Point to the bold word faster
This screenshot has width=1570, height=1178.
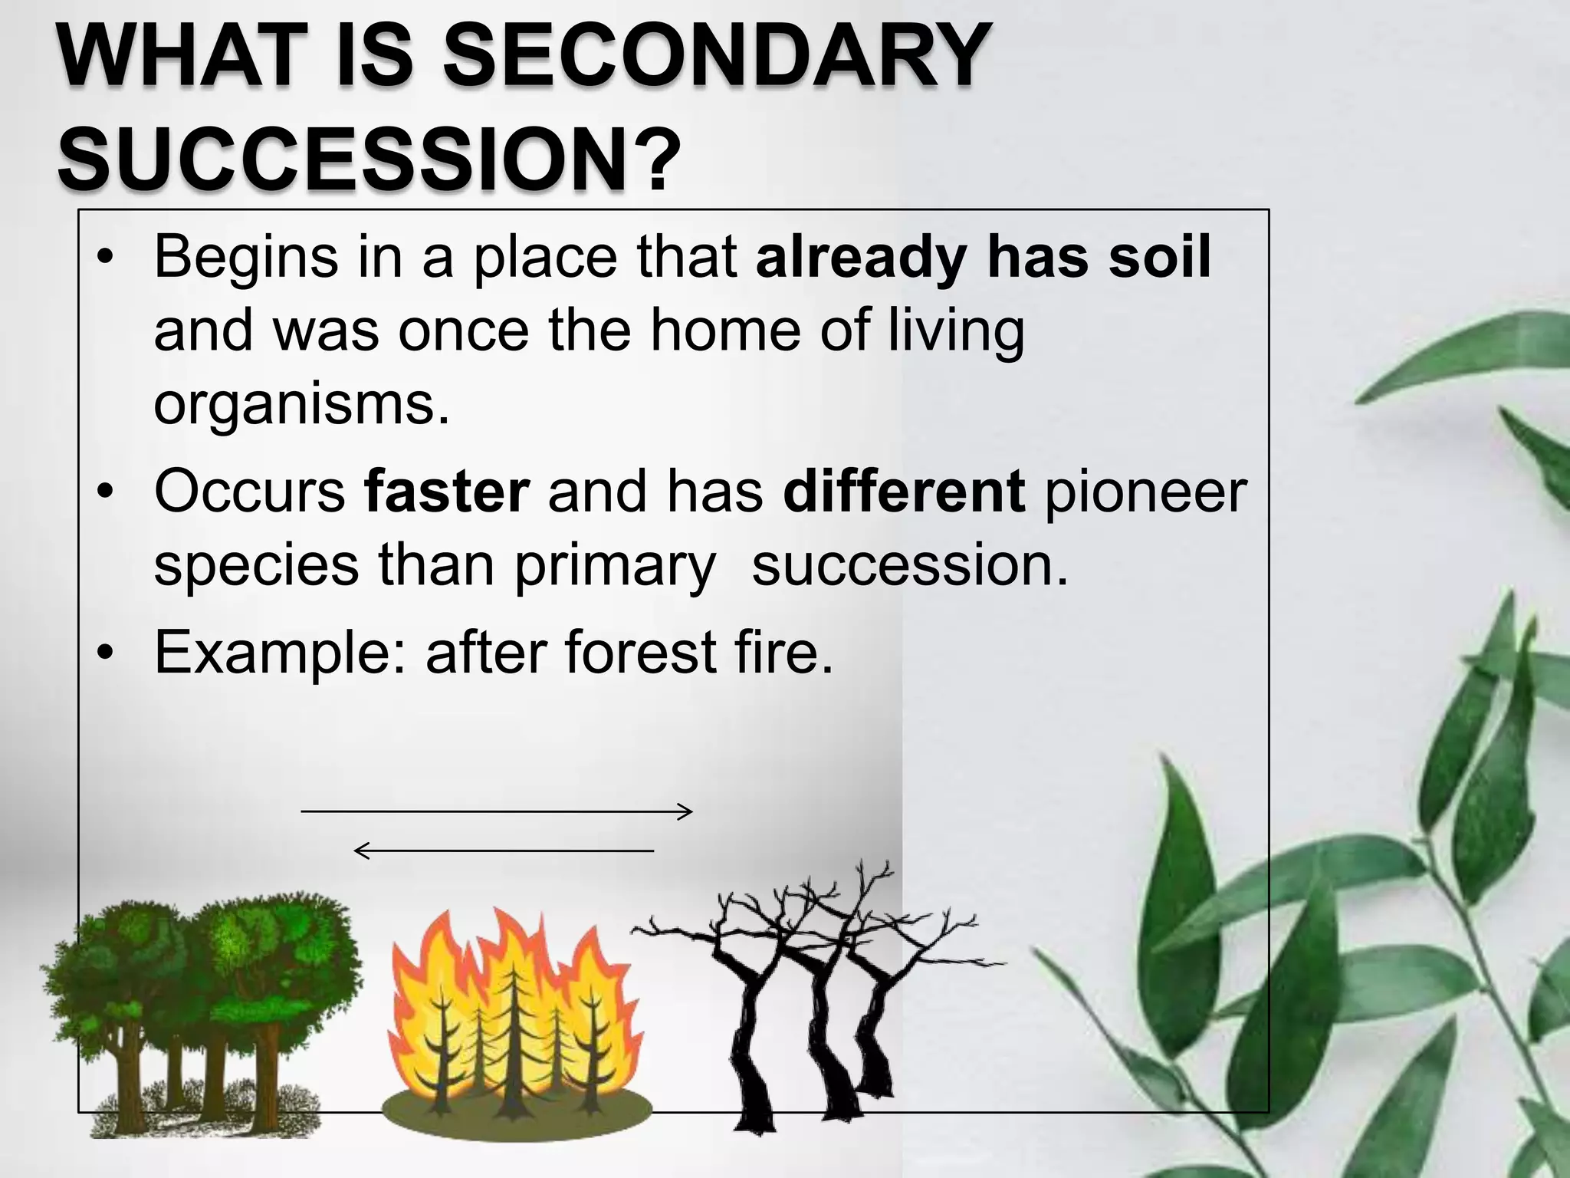click(447, 491)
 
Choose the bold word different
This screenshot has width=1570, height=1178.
click(905, 491)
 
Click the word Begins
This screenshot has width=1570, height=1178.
click(245, 258)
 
